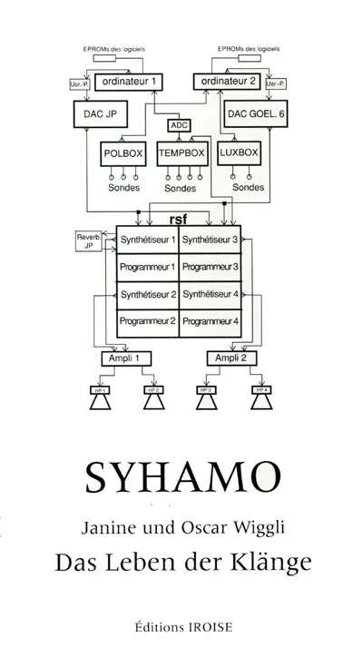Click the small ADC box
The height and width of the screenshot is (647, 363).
click(180, 125)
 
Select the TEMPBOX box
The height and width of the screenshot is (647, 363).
click(181, 154)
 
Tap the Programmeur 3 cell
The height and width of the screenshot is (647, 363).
click(211, 268)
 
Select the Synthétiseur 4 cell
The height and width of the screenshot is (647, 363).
click(211, 295)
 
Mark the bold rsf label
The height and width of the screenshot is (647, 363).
click(178, 219)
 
